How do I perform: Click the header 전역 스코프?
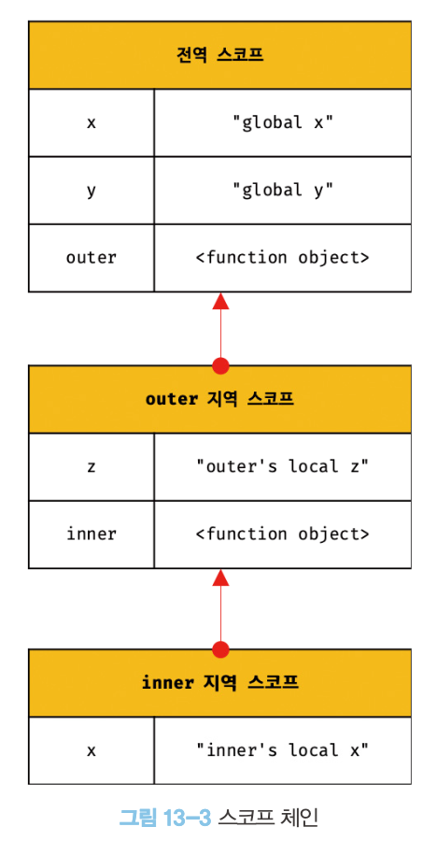(219, 55)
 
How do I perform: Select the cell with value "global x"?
(283, 122)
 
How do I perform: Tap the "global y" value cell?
(283, 191)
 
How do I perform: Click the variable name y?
(92, 191)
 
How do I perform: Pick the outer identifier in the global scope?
(92, 258)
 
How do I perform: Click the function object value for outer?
(283, 258)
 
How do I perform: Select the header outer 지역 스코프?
(219, 400)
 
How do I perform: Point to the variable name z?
(92, 467)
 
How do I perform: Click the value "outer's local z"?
(283, 467)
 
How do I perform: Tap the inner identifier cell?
(92, 535)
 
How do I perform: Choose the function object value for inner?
(283, 535)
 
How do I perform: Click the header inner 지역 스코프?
(219, 683)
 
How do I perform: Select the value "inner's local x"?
(283, 750)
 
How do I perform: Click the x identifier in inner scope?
(92, 750)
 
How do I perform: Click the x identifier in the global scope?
(92, 122)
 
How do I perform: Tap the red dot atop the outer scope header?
(220, 365)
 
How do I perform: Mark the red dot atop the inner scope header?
(220, 649)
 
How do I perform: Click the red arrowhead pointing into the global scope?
(220, 301)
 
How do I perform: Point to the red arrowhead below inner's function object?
(220, 577)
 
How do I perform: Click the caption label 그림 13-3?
(164, 817)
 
